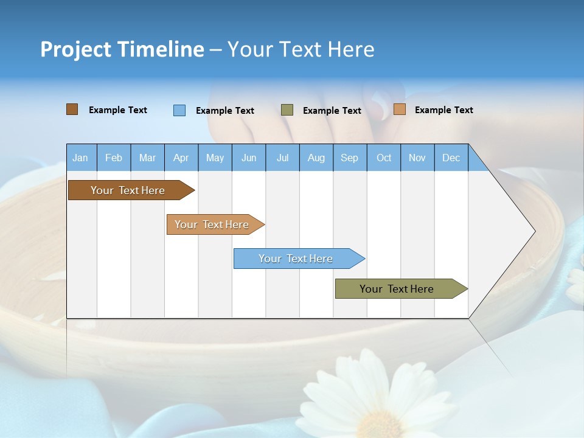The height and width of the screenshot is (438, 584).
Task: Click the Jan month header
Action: click(x=80, y=158)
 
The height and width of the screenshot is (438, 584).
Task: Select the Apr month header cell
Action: click(x=181, y=158)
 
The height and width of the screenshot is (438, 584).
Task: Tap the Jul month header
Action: click(x=282, y=158)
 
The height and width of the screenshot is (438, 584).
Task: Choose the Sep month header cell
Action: click(x=349, y=158)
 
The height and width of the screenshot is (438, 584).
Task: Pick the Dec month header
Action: click(x=451, y=158)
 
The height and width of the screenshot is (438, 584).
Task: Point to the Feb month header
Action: click(x=114, y=158)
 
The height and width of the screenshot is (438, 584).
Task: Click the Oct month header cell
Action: click(x=384, y=158)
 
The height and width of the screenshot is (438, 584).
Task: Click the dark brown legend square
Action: click(x=72, y=109)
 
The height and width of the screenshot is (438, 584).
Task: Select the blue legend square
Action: click(x=179, y=110)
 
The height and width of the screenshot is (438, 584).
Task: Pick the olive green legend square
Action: click(x=287, y=110)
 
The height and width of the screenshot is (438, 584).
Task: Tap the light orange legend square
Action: click(x=399, y=109)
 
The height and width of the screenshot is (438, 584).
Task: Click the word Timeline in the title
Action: click(x=162, y=49)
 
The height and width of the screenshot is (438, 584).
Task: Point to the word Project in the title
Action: click(x=75, y=49)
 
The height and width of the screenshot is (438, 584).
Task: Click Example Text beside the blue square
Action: click(x=224, y=111)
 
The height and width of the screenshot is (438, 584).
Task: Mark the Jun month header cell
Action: click(x=249, y=158)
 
